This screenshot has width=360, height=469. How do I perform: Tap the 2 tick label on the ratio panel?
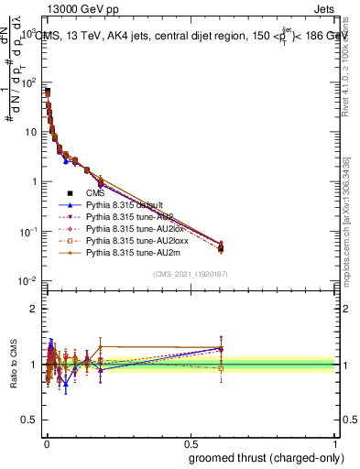point(34,308)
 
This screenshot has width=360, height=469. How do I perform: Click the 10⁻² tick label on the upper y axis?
point(27,280)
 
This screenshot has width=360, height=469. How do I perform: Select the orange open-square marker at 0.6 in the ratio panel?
point(221,368)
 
